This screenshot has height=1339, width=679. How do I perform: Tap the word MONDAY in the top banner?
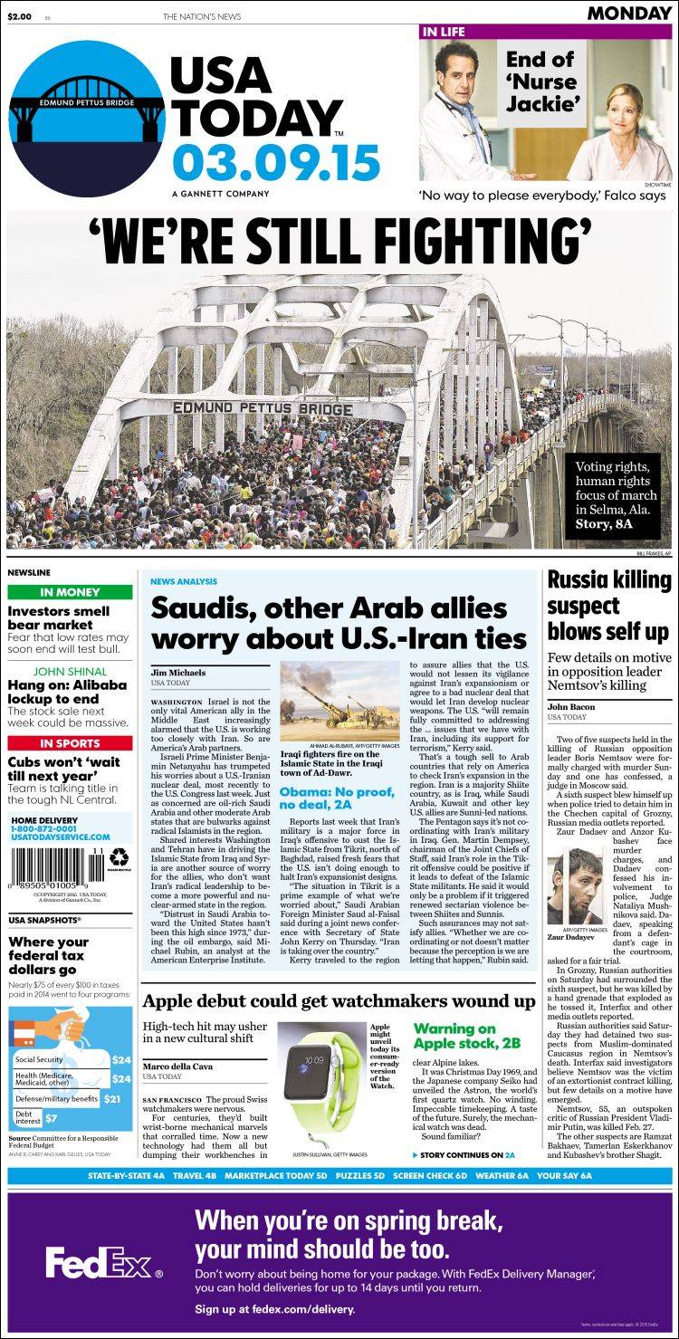click(x=628, y=13)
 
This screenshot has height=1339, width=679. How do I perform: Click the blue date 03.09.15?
click(x=275, y=165)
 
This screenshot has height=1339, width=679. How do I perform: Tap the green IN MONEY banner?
click(x=70, y=593)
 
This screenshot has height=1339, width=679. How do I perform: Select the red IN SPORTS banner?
click(x=70, y=743)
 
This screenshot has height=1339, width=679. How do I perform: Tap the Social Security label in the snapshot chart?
click(x=39, y=1059)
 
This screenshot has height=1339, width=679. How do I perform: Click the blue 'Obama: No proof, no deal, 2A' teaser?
click(x=337, y=798)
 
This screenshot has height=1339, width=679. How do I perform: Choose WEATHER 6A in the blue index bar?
click(x=501, y=1175)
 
